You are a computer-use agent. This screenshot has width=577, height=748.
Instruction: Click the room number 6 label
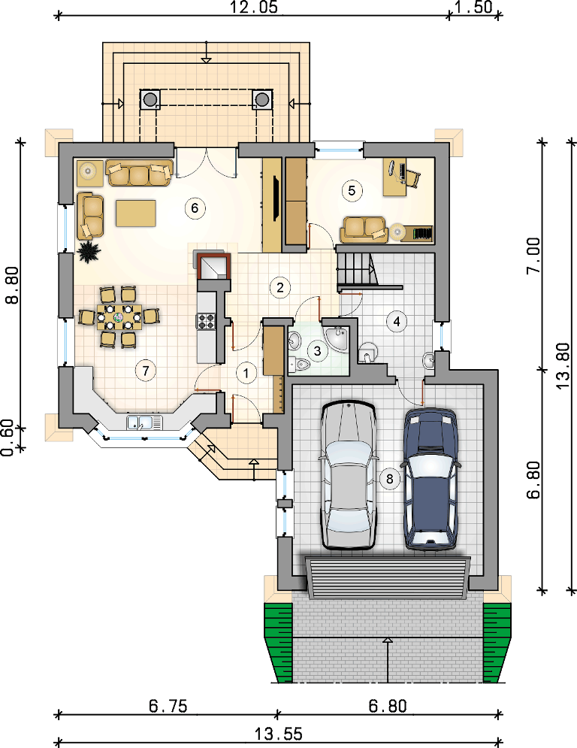click(195, 208)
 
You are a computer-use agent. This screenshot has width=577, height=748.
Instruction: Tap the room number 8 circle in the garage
click(390, 478)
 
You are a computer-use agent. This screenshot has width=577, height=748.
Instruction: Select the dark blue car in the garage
click(431, 478)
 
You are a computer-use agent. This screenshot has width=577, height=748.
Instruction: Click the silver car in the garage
click(348, 475)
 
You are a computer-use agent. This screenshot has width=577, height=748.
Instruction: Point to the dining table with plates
click(119, 316)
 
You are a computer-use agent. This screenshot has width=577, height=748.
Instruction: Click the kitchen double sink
click(144, 422)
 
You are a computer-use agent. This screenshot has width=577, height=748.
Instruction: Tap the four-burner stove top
click(207, 320)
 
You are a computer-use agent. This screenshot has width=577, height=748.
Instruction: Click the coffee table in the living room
click(136, 213)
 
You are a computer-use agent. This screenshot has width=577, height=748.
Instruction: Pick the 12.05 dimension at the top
click(253, 8)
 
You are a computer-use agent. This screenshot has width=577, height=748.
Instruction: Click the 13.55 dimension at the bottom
click(278, 733)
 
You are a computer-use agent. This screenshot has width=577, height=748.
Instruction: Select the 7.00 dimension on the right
click(533, 255)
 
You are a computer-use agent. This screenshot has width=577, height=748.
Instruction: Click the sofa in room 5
click(363, 230)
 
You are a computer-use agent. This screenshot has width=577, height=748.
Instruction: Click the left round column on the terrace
click(150, 99)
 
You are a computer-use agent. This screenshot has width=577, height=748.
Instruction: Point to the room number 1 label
click(246, 373)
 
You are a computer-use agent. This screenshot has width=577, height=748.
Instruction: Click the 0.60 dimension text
click(8, 438)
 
